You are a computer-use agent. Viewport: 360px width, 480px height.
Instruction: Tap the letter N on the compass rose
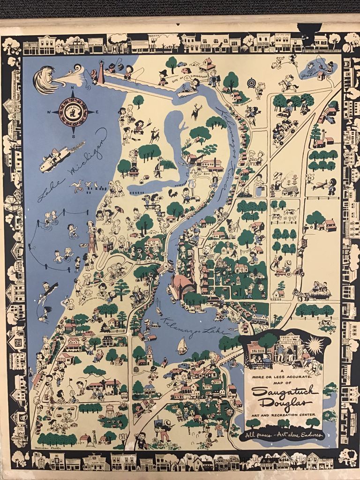(73, 88)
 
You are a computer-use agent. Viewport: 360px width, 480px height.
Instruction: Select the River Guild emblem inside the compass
(73, 112)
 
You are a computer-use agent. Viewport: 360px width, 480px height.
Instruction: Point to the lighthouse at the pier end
(101, 73)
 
